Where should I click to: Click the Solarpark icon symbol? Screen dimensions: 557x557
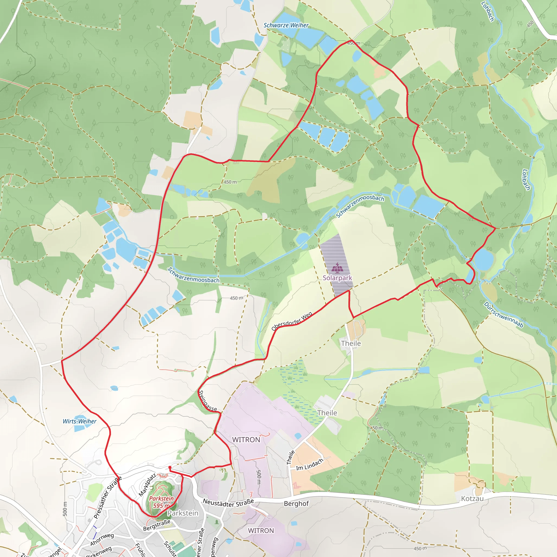(x=337, y=268)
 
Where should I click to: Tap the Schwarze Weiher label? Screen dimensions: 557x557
(x=286, y=25)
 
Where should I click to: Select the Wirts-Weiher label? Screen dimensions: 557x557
(x=80, y=421)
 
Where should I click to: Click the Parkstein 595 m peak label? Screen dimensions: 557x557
(x=161, y=502)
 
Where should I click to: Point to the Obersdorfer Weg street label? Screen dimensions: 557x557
(x=292, y=321)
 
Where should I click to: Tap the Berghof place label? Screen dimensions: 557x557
(x=296, y=504)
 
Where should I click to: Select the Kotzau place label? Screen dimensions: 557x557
(x=472, y=499)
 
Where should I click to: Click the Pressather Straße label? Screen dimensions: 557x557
(x=108, y=498)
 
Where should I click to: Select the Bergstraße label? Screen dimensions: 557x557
(x=157, y=525)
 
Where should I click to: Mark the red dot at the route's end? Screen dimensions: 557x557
(x=170, y=467)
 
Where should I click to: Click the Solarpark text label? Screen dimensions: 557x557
(x=337, y=278)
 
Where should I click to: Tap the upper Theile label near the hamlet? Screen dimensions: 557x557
(x=351, y=344)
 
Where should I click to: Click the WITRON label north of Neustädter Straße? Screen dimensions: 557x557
(x=246, y=440)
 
